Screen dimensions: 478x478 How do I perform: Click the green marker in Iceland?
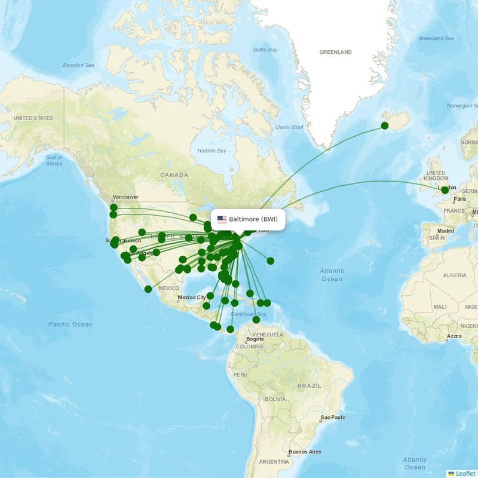click(385, 125)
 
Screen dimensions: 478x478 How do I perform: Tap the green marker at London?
click(445, 190)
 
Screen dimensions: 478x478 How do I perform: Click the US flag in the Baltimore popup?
click(222, 219)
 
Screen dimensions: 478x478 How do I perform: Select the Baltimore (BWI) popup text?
click(253, 219)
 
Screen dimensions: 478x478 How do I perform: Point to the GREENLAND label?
click(336, 53)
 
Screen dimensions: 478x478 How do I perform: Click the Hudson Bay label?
click(212, 151)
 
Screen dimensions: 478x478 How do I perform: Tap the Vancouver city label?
click(125, 197)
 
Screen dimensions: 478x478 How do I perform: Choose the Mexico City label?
click(192, 297)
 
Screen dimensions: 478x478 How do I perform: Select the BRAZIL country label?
click(311, 386)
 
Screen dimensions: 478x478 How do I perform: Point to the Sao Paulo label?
click(333, 417)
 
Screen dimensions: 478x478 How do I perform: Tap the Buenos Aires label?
click(305, 452)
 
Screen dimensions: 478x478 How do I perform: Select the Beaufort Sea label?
click(79, 65)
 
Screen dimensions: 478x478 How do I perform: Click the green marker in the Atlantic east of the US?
click(271, 261)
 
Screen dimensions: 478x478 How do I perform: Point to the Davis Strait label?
click(290, 127)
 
